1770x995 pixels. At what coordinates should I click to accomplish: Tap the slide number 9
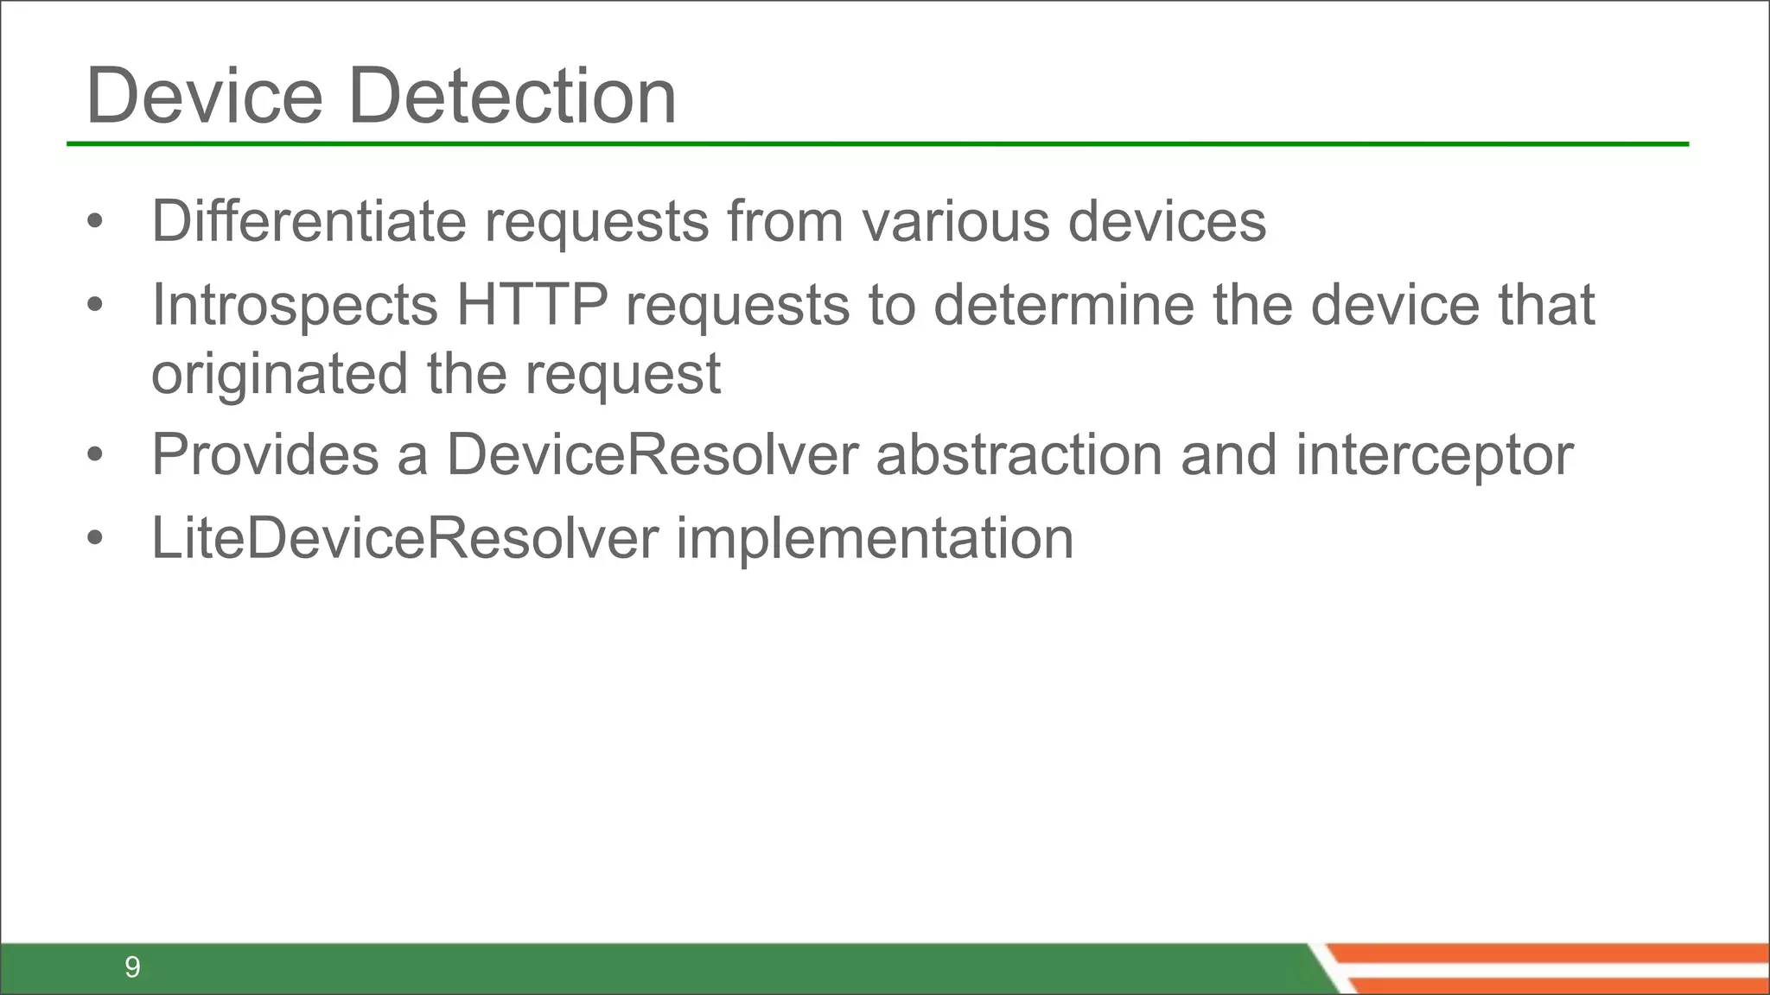(x=132, y=966)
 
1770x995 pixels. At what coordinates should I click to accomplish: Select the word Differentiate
(x=309, y=221)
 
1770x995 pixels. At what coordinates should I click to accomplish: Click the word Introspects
(x=295, y=306)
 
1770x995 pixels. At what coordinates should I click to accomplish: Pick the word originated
(x=279, y=375)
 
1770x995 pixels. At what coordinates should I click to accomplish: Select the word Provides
(x=265, y=455)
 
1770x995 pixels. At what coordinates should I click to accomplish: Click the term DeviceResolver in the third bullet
(x=653, y=455)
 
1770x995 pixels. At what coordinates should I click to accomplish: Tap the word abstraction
(x=1019, y=455)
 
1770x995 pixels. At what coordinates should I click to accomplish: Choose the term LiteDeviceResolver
(x=404, y=538)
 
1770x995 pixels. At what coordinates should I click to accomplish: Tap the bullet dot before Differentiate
(x=95, y=221)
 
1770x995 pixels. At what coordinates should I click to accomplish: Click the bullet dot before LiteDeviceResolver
(x=95, y=538)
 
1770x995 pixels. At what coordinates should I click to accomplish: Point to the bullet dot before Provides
(x=95, y=455)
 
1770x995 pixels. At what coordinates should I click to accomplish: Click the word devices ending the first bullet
(x=1167, y=221)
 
